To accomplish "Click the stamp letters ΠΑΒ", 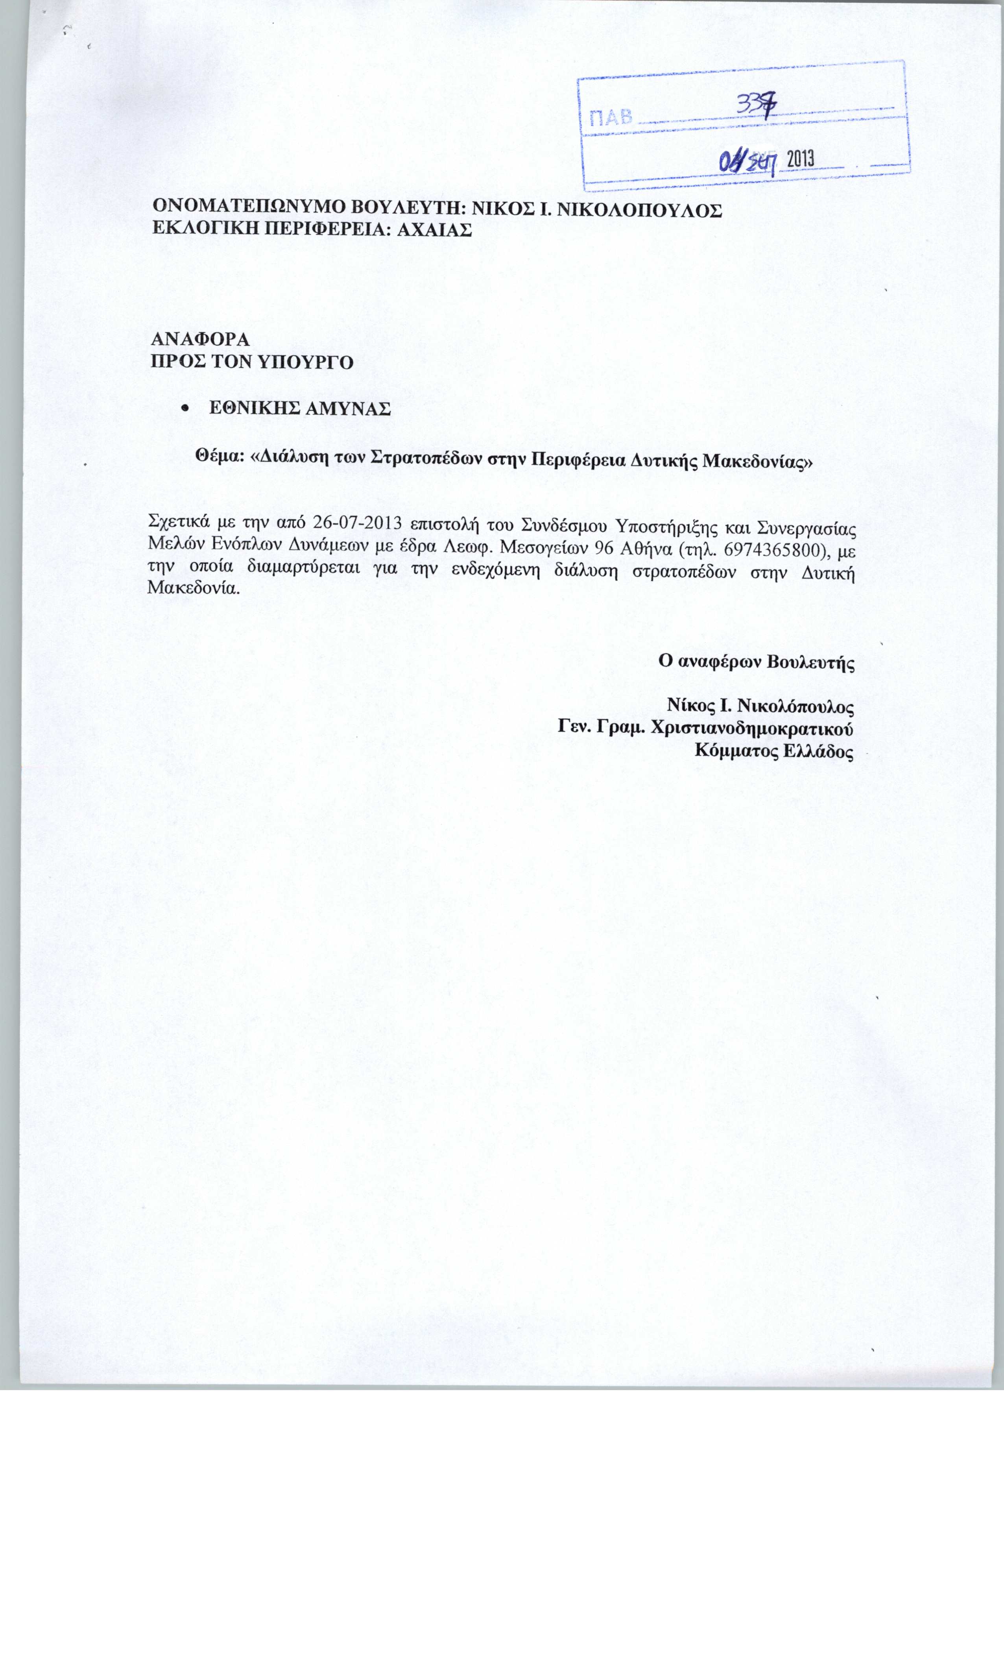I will [610, 119].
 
